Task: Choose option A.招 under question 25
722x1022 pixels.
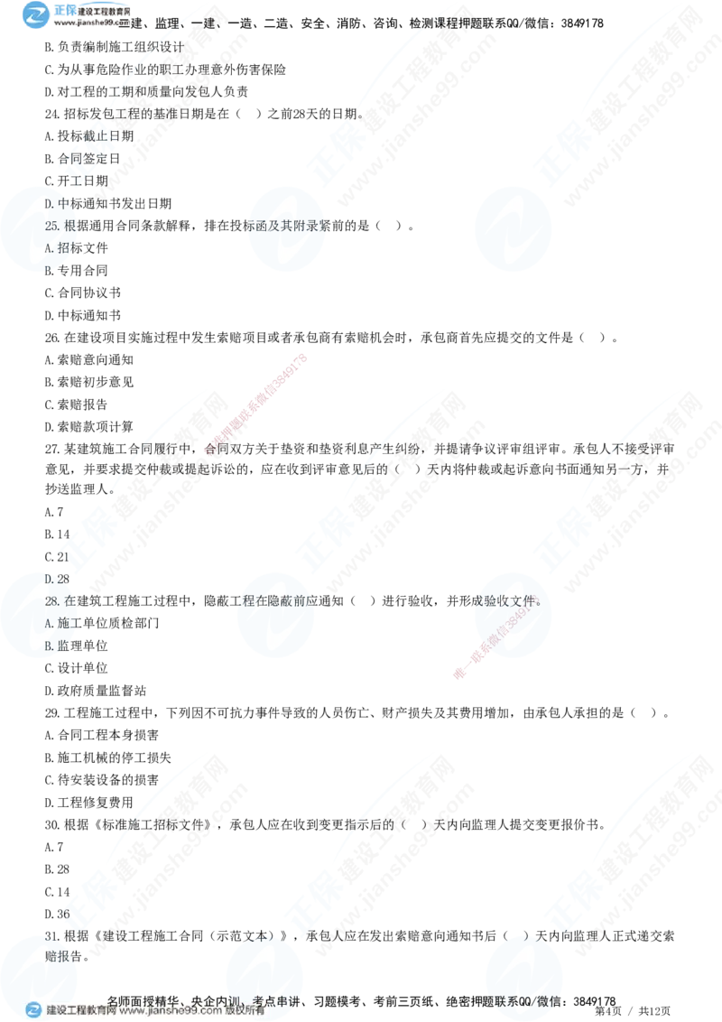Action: tap(60, 246)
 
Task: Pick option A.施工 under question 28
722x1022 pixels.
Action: tap(62, 623)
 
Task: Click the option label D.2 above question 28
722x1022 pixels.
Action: tap(52, 579)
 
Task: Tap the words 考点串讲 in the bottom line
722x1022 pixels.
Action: tap(275, 999)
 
